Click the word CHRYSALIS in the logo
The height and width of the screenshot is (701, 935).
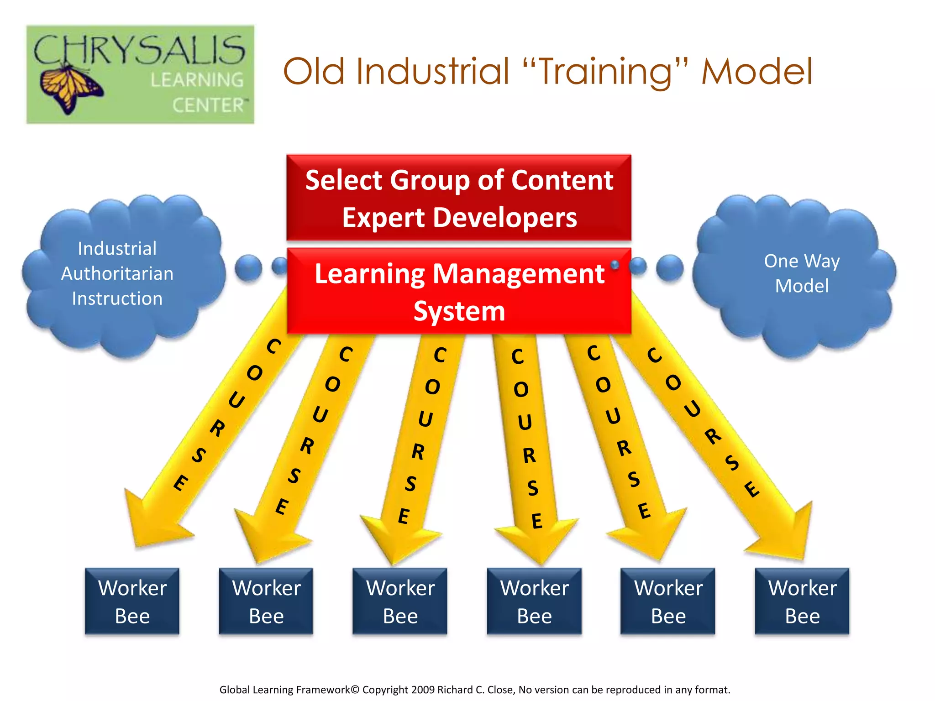point(139,50)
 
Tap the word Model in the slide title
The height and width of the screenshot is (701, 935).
point(756,72)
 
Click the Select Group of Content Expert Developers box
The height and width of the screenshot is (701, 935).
point(459,198)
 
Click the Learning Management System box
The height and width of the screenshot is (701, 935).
point(459,291)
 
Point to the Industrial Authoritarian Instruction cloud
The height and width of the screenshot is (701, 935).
point(118,274)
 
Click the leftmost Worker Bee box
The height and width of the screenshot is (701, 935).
point(132,601)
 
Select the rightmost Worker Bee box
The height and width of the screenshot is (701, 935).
point(802,601)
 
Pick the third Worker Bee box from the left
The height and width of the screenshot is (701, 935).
point(400,601)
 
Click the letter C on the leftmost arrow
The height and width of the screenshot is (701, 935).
point(273,346)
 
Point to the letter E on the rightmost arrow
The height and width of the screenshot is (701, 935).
point(751,489)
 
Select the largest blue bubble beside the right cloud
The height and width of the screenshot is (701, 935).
point(670,268)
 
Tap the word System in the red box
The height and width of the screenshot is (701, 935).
point(459,311)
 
